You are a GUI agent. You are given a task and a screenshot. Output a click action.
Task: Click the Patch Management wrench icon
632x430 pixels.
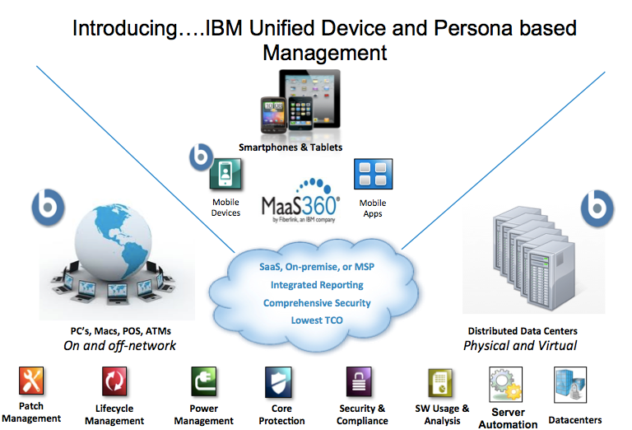point(31,381)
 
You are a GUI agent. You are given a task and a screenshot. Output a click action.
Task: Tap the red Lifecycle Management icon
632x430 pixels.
point(114,382)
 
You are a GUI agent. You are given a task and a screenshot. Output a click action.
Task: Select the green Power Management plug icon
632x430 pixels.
point(203,382)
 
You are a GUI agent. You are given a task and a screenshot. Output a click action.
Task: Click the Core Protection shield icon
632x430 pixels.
point(278,382)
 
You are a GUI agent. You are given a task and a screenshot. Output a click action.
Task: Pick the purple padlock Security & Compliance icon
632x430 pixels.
point(362,382)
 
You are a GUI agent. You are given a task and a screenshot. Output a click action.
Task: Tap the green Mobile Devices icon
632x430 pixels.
point(225,176)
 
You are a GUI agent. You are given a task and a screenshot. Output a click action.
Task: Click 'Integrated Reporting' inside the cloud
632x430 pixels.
point(316,285)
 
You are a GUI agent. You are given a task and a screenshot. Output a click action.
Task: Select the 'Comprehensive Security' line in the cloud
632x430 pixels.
point(316,302)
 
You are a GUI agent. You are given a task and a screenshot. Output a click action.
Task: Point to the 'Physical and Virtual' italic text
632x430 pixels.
point(520,345)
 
